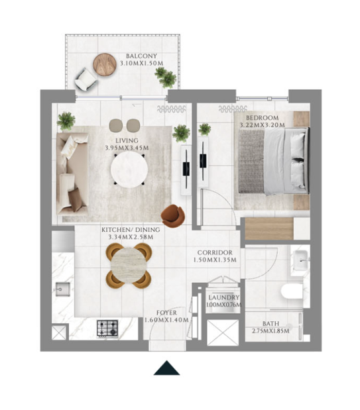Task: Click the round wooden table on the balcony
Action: coord(105,65)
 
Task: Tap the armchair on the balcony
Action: coord(86,79)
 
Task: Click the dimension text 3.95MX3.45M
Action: coord(127,148)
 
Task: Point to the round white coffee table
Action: coord(129,170)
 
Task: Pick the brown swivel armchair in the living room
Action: coord(173,216)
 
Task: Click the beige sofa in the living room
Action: coord(72,174)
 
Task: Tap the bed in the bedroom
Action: coord(274,161)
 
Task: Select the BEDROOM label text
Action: coord(263,118)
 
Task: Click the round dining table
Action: coord(129,266)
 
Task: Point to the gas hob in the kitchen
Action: coord(107,329)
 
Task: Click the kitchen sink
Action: coord(62,289)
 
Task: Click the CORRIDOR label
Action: coord(215,252)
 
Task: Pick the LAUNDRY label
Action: coord(224,297)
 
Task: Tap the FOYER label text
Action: coord(166,313)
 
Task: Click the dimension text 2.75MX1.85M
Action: coord(270,331)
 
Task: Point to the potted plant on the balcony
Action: coord(166,77)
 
